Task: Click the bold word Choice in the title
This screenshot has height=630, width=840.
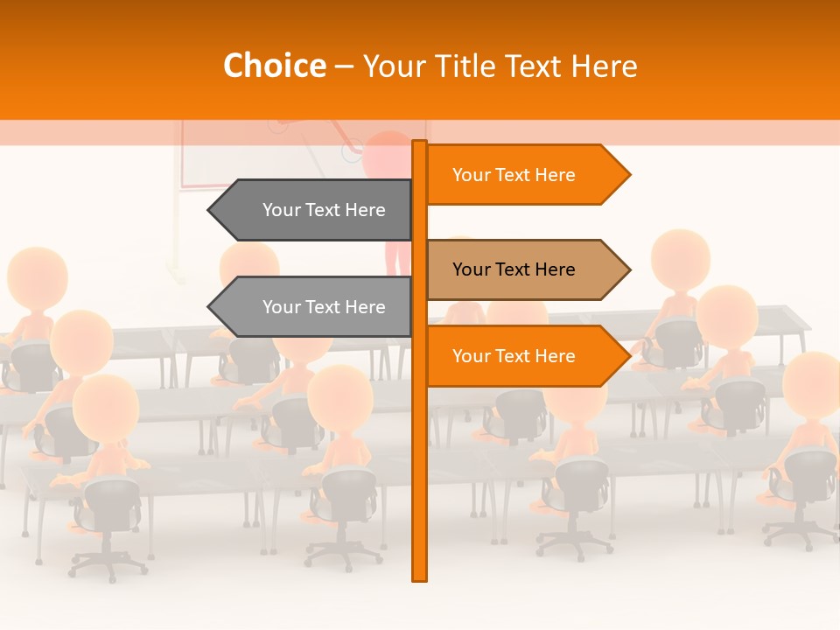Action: click(x=274, y=66)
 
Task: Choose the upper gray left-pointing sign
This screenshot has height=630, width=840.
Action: click(x=315, y=210)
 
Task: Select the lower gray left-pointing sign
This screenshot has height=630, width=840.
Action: click(x=315, y=307)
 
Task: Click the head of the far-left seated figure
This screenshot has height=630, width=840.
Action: click(x=37, y=276)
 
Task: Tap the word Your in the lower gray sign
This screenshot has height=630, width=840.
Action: click(x=282, y=307)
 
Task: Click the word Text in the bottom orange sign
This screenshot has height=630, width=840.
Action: click(x=513, y=356)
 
